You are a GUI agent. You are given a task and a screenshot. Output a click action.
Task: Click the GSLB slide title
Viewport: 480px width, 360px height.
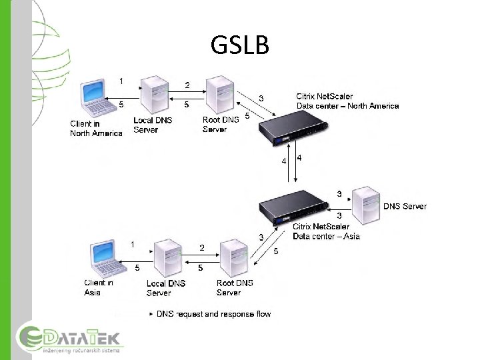pyautogui.click(x=240, y=45)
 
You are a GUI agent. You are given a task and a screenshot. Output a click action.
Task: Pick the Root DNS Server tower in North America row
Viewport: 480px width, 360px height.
pyautogui.click(x=219, y=96)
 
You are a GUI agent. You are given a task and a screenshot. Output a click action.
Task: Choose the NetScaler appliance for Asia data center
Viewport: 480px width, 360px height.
pyautogui.click(x=294, y=207)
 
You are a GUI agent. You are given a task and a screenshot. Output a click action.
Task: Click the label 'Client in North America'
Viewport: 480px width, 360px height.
pyautogui.click(x=96, y=129)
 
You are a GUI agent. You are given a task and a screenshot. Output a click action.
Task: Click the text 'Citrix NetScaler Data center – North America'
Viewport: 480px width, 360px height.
pyautogui.click(x=347, y=101)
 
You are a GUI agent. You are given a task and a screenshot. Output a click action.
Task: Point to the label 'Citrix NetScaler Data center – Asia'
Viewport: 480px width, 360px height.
pyautogui.click(x=326, y=231)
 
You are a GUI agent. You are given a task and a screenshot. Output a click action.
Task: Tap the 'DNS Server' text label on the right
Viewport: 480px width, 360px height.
pyautogui.click(x=405, y=207)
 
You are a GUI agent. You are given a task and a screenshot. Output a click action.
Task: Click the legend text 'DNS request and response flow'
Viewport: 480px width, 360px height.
pyautogui.click(x=213, y=314)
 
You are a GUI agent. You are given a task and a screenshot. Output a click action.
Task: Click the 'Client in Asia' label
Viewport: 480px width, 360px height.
pyautogui.click(x=99, y=287)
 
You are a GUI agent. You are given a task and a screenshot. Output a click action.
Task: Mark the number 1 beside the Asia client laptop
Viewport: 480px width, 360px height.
pyautogui.click(x=133, y=244)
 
